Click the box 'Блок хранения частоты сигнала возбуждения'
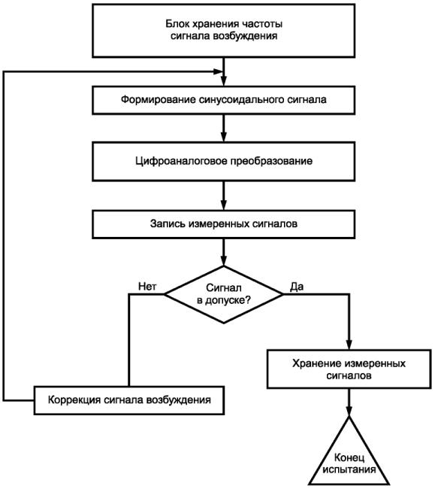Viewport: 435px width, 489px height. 224,30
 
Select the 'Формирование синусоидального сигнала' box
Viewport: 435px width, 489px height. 224,100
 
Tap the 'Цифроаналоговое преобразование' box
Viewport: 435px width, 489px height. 224,161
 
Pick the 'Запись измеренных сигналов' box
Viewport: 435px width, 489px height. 224,224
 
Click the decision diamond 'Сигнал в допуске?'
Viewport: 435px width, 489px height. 224,294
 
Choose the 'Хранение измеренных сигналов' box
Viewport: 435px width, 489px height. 349,369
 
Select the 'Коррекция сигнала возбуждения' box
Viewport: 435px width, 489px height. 129,400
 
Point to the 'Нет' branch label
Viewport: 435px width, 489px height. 147,287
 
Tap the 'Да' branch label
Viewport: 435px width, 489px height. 297,287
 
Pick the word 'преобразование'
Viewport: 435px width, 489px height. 271,161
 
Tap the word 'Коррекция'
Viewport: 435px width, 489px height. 74,399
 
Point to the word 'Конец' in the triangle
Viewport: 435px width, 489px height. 349,458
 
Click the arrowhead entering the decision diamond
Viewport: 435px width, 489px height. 224,261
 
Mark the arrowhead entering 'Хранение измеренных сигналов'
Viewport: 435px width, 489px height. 349,345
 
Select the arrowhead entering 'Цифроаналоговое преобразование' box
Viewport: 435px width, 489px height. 224,137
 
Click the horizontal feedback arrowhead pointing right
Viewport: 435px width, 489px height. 218,71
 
